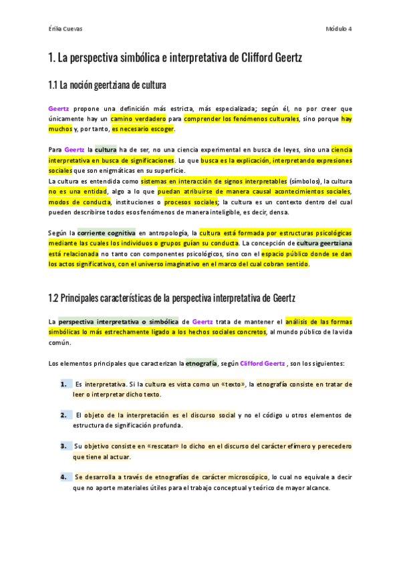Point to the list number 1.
point(63,384)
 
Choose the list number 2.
point(63,415)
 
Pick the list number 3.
point(63,446)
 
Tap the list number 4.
point(63,477)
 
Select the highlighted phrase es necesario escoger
point(142,129)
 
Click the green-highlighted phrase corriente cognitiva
point(106,232)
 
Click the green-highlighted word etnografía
point(201,364)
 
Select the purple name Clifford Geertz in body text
point(262,364)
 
